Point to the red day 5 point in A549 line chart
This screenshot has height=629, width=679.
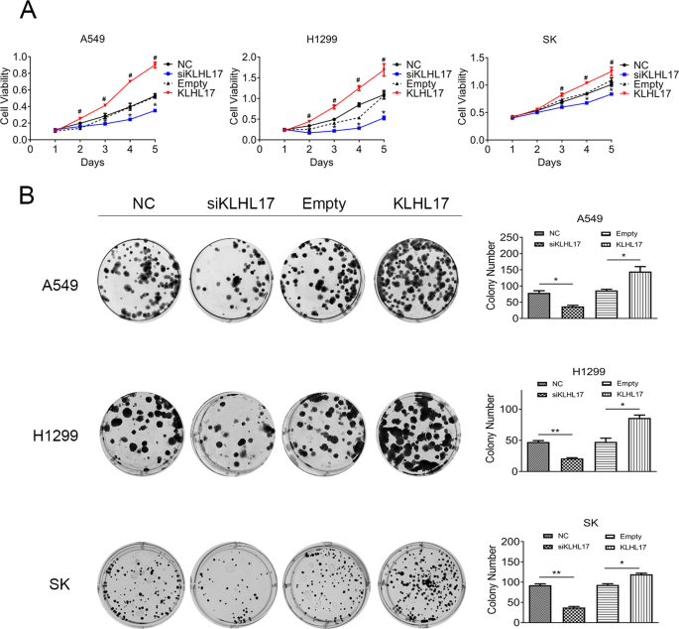click(154, 65)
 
